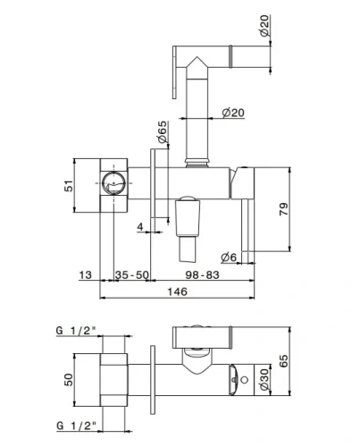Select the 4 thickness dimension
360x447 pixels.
pyautogui.click(x=140, y=226)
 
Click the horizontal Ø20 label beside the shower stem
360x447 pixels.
pyautogui.click(x=233, y=112)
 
